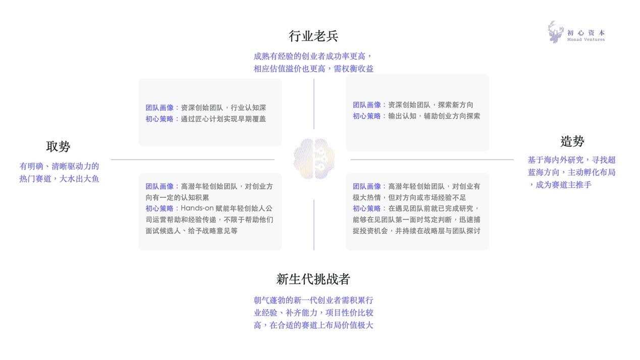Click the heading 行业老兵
point(313,36)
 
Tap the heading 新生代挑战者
point(313,279)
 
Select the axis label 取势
point(58,146)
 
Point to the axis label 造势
point(572,141)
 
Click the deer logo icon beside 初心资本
point(555,32)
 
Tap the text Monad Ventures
point(586,40)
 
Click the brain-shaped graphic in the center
point(314,159)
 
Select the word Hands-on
point(197,209)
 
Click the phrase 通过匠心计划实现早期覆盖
point(224,119)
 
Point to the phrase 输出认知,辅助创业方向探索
point(434,116)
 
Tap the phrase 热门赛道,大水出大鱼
point(59,179)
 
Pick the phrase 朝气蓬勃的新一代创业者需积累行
point(313,300)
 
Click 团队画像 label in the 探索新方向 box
point(367,105)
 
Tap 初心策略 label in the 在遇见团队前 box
point(367,209)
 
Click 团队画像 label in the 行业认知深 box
point(159,108)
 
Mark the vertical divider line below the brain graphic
point(314,225)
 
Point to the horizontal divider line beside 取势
point(193,160)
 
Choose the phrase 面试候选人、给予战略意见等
point(191,231)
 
